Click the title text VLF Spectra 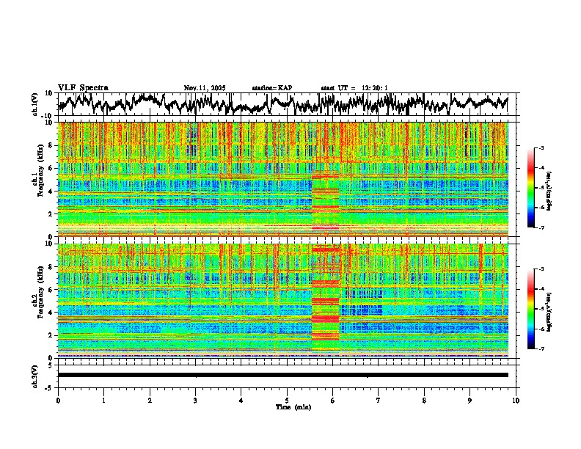pyautogui.click(x=83, y=87)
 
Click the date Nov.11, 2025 pyautogui.click(x=205, y=88)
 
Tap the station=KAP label pyautogui.click(x=271, y=88)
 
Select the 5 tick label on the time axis pyautogui.click(x=287, y=400)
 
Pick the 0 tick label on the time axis pyautogui.click(x=58, y=400)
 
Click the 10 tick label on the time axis pyautogui.click(x=516, y=400)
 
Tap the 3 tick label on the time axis pyautogui.click(x=195, y=400)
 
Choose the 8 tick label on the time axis pyautogui.click(x=424, y=400)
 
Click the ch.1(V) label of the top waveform pyautogui.click(x=35, y=104)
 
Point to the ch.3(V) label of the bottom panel pyautogui.click(x=35, y=375)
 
